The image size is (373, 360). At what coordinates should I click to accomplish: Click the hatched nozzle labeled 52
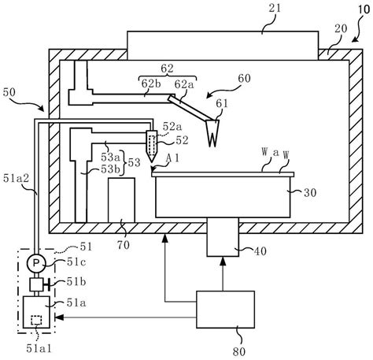[152, 143]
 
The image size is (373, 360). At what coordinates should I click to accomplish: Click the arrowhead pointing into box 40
[222, 253]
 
